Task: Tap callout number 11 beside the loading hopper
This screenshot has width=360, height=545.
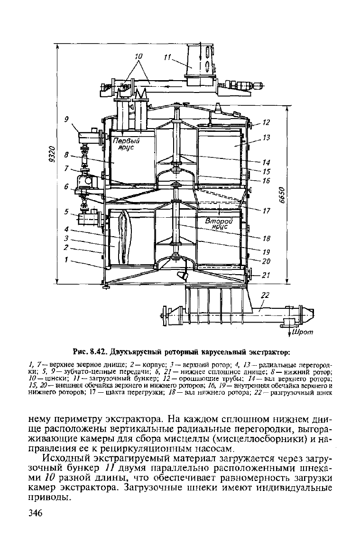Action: pos(167,57)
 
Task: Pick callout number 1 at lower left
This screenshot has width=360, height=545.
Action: pos(66,259)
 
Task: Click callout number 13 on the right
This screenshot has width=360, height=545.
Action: pos(266,138)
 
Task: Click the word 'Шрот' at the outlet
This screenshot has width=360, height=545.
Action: pos(303,332)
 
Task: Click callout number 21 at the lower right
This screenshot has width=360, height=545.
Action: pos(266,275)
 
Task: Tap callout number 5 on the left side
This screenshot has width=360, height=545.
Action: pos(66,212)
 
